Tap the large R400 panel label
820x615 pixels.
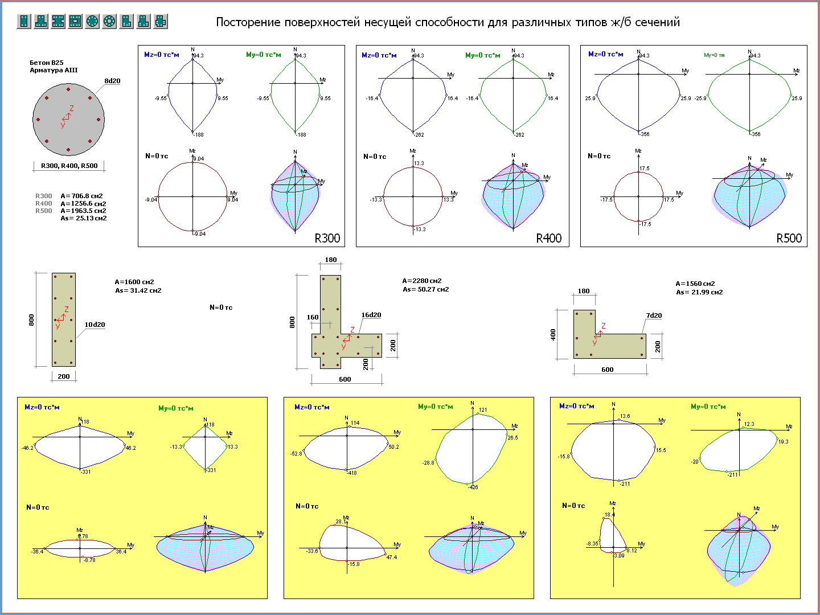[x=549, y=238]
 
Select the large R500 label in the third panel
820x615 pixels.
[x=789, y=238]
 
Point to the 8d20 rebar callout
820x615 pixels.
[x=112, y=81]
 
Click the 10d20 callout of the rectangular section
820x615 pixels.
[x=95, y=325]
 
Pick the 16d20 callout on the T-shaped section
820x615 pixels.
[x=371, y=315]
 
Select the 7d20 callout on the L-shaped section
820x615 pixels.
[x=654, y=315]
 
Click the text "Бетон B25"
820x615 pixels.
[x=47, y=63]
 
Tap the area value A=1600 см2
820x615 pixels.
[x=134, y=282]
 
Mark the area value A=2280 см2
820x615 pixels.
[x=422, y=281]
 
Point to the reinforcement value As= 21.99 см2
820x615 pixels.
[x=699, y=292]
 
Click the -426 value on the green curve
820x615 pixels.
[x=473, y=487]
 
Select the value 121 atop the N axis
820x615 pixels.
[x=483, y=410]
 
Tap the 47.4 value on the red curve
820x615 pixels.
[x=392, y=557]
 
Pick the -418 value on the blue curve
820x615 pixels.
[x=352, y=473]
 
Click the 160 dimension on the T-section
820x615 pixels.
[x=313, y=317]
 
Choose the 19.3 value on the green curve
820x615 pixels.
[x=784, y=441]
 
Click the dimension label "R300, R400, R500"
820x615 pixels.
[x=69, y=166]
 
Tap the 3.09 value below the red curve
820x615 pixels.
[x=619, y=555]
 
